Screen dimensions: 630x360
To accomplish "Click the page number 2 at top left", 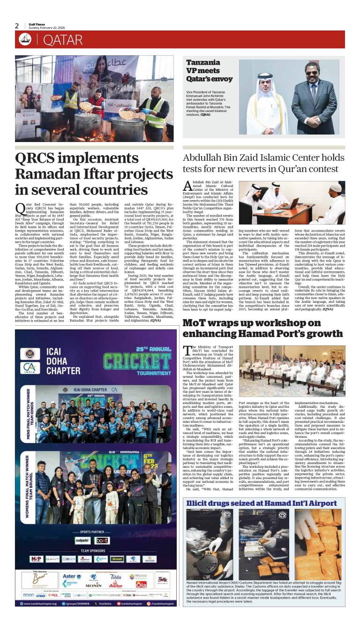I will tap(17, 26).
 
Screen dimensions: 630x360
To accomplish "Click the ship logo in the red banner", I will tap(25, 40).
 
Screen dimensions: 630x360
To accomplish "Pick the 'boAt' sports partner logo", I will tap(102, 540).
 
